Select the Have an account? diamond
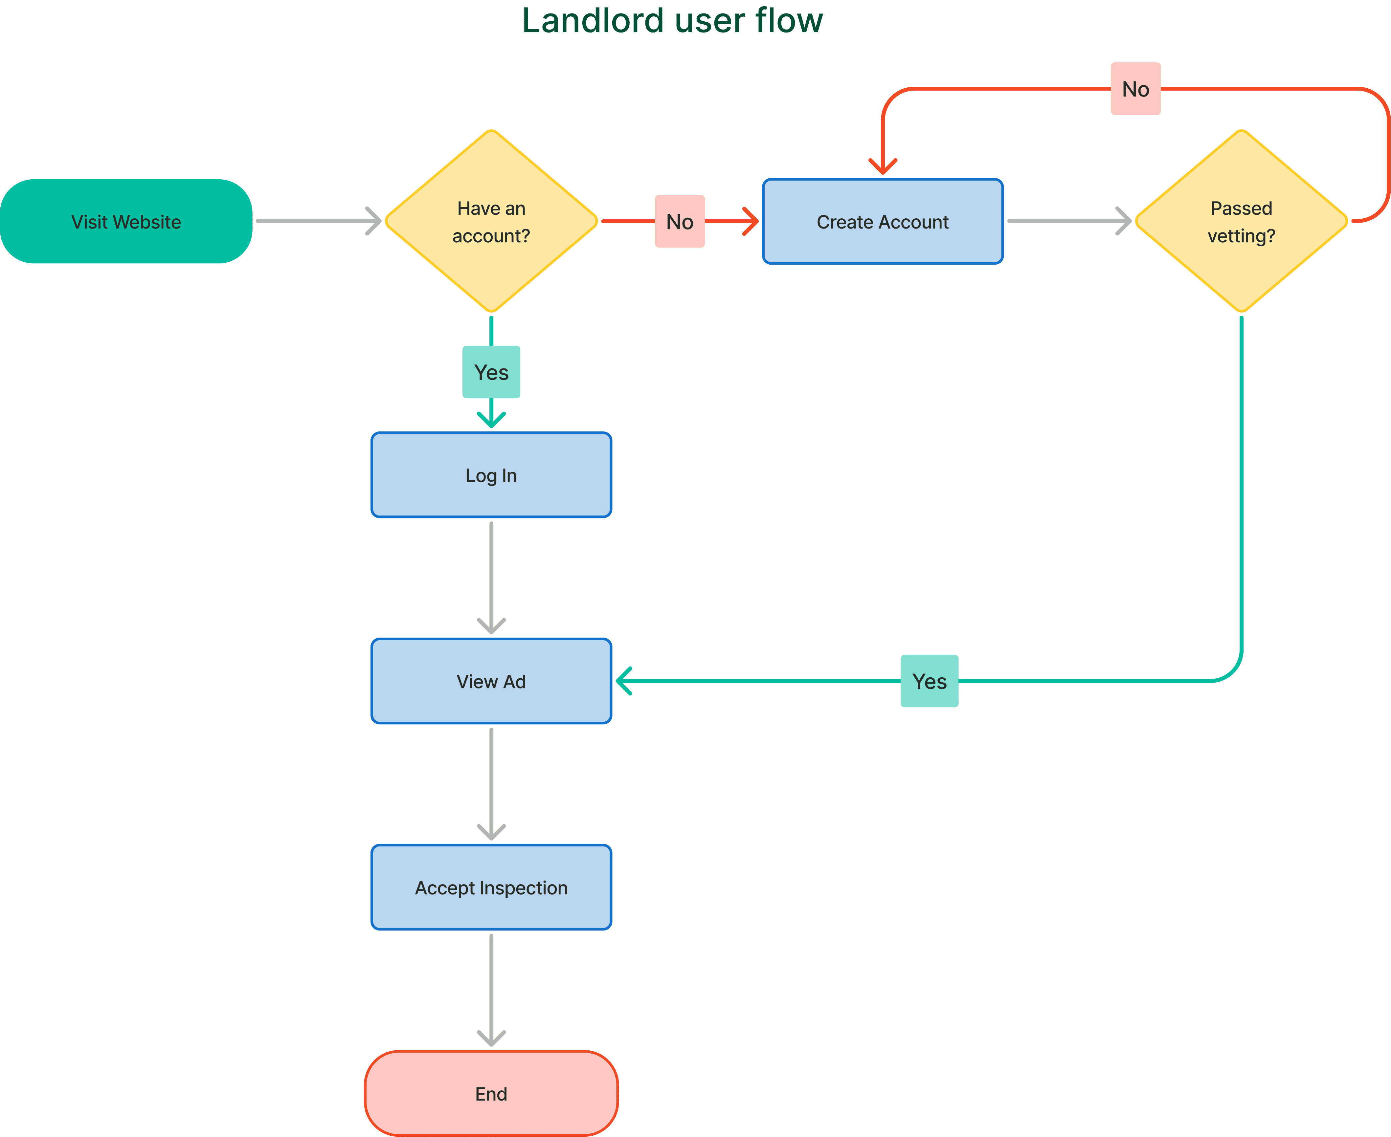click(x=491, y=221)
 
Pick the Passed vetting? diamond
click(x=1241, y=221)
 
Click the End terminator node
click(x=491, y=1094)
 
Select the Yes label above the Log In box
click(x=491, y=372)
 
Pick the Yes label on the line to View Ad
click(x=929, y=681)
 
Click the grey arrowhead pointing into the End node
click(x=491, y=1038)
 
